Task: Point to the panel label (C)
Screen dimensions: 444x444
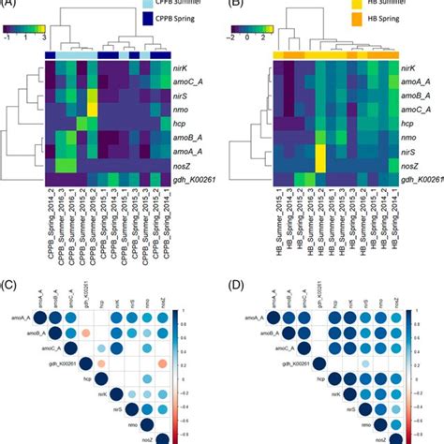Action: [11, 284]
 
